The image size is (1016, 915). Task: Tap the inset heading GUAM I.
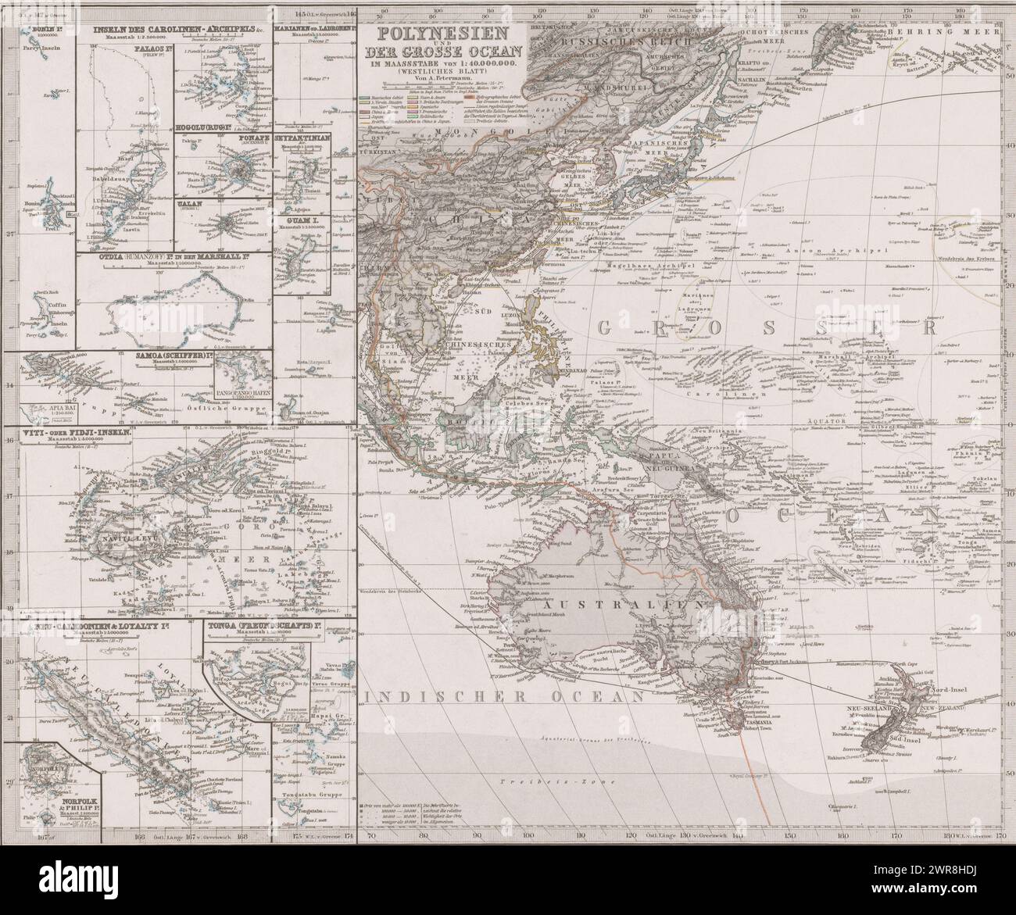click(300, 221)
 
